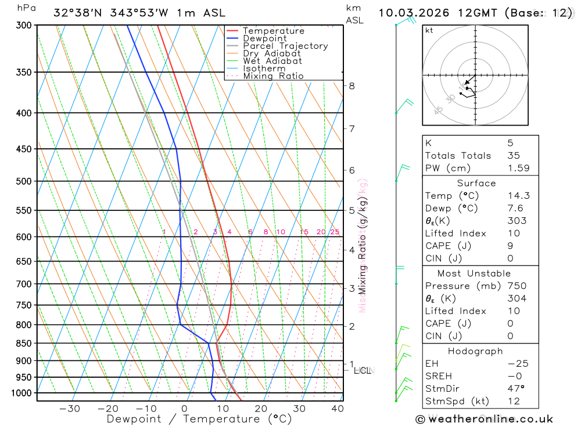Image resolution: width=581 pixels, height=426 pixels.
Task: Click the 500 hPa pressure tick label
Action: pos(24,181)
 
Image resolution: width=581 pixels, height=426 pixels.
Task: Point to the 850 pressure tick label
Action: pos(24,343)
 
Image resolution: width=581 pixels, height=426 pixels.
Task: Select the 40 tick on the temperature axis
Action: pos(338,409)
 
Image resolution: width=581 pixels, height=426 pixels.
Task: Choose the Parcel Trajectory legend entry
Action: pos(285,46)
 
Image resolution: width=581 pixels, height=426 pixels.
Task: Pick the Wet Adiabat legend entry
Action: pos(272,61)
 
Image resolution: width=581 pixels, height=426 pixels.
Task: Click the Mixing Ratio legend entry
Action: pos(273,76)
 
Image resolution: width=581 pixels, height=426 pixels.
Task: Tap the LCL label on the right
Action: pos(363,370)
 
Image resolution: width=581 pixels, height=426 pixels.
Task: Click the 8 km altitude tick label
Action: pos(352,86)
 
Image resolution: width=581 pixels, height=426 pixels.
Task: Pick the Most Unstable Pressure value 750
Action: pos(517,286)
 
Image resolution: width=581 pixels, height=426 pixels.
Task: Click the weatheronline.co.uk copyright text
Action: pos(484,419)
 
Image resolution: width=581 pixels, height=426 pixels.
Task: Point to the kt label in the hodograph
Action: pos(429,30)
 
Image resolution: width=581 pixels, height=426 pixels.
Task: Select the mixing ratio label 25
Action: pos(335,232)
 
